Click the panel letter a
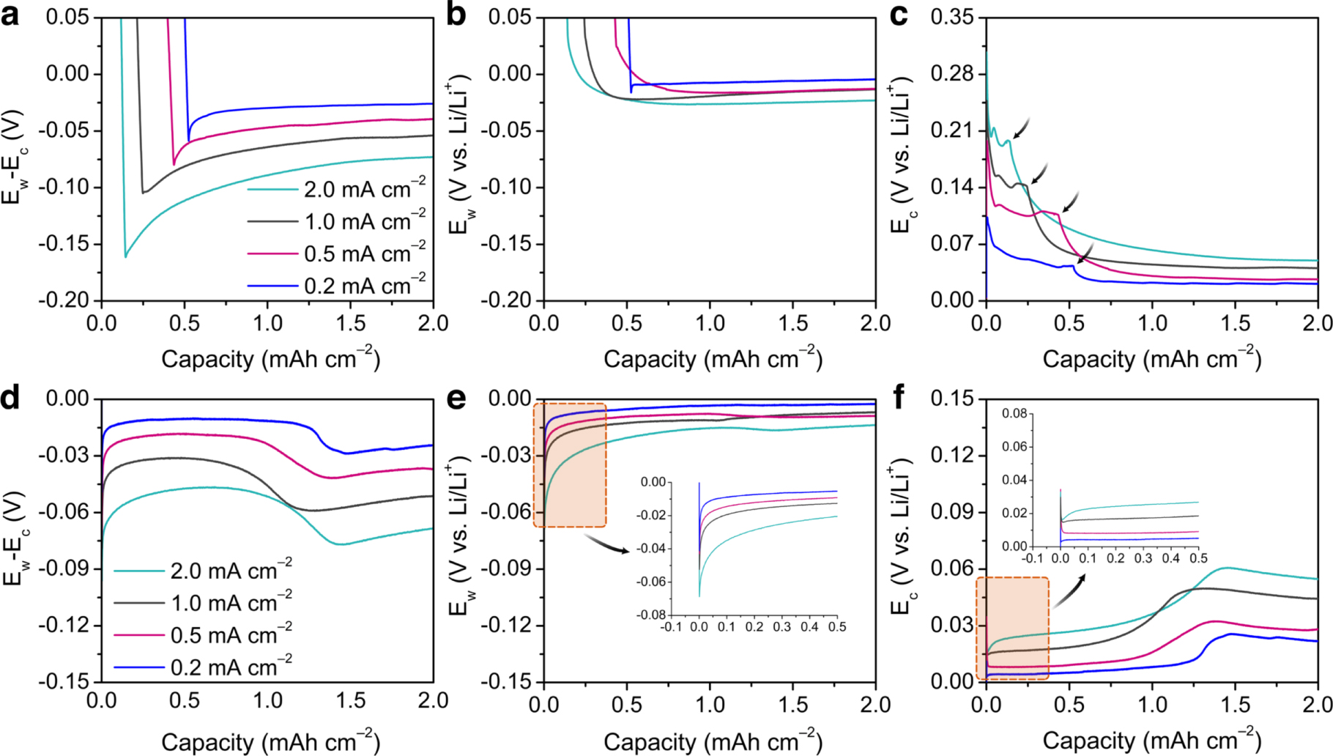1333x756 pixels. [x=10, y=15]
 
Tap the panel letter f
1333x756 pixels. [x=898, y=398]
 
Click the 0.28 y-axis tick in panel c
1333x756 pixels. [x=952, y=73]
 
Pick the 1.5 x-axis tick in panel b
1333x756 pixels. [x=792, y=323]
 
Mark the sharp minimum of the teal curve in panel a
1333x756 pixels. [x=126, y=256]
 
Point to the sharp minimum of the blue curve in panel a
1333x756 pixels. [x=189, y=141]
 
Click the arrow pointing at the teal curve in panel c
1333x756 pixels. [x=1022, y=127]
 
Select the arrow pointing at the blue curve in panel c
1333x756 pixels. [x=1085, y=253]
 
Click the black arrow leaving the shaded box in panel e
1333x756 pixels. [x=606, y=543]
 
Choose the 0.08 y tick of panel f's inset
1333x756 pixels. [x=1014, y=414]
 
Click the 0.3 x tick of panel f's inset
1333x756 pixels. [x=1143, y=558]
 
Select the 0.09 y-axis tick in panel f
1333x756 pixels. [x=952, y=511]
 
